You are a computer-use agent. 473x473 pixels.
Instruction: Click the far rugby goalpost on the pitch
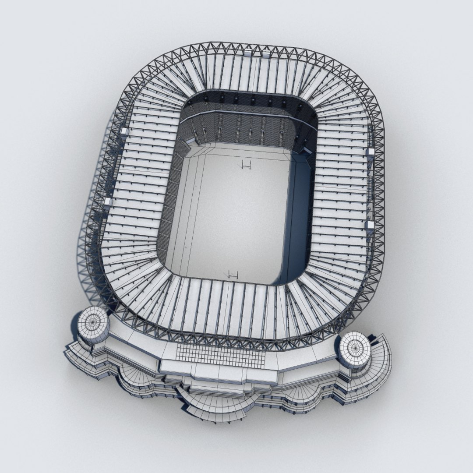pyautogui.click(x=247, y=165)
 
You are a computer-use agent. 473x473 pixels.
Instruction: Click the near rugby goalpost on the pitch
pyautogui.click(x=233, y=275)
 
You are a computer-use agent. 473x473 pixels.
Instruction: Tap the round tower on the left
pyautogui.click(x=92, y=325)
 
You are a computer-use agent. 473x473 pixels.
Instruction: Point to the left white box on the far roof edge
pyautogui.click(x=248, y=54)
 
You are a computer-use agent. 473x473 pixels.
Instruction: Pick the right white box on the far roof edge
pyautogui.click(x=266, y=54)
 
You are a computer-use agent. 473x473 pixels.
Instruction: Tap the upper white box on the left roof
pyautogui.click(x=124, y=131)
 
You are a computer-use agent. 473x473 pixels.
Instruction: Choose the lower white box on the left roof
pyautogui.click(x=107, y=201)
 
